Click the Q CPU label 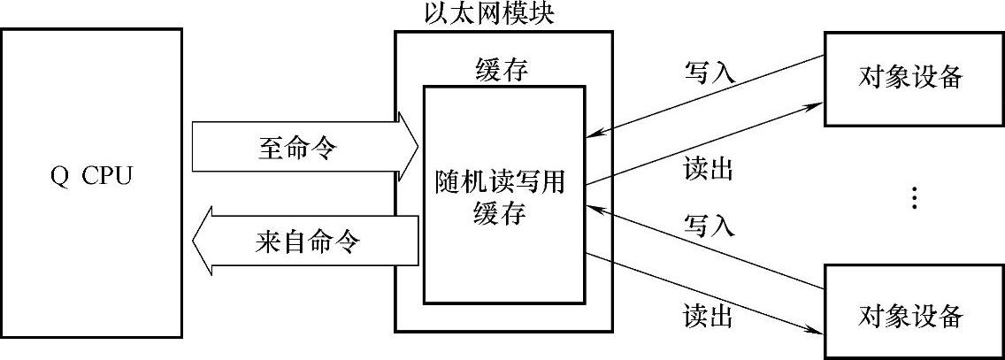click(91, 176)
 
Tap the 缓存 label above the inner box click(502, 70)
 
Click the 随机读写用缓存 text click(501, 199)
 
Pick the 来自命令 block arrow click(305, 241)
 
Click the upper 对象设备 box click(909, 79)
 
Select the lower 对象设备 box click(909, 314)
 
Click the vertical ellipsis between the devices click(915, 197)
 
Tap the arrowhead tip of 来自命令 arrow click(195, 241)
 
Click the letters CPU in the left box click(107, 176)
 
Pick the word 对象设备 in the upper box click(909, 79)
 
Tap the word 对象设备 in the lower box click(909, 314)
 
